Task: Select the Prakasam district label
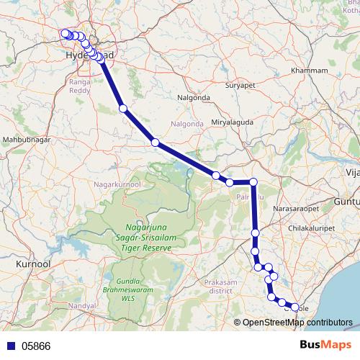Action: pos(221,287)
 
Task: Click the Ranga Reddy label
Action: pos(78,87)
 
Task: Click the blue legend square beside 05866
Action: pos(11,346)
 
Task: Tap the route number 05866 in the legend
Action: pos(36,346)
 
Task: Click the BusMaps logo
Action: pos(324,345)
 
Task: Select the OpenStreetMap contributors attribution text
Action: pos(297,323)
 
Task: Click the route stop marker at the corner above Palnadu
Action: pos(253,182)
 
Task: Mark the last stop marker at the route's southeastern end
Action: pos(294,307)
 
